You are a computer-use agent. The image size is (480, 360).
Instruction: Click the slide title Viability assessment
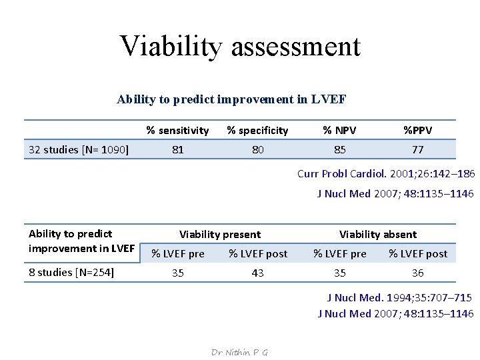click(x=240, y=46)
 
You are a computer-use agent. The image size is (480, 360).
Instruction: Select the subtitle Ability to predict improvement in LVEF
click(x=231, y=99)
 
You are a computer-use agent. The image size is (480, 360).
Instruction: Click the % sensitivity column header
click(x=177, y=131)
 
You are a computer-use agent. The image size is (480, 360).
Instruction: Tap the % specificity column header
click(x=257, y=131)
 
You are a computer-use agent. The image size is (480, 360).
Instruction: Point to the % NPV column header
click(x=340, y=131)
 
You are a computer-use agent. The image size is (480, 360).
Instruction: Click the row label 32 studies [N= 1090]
click(x=79, y=149)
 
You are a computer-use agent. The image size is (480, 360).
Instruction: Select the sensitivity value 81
click(x=177, y=150)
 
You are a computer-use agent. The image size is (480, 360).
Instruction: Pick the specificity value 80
click(x=257, y=150)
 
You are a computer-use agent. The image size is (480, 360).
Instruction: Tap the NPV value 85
click(x=340, y=150)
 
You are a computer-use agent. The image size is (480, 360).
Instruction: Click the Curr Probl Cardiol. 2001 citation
click(x=385, y=174)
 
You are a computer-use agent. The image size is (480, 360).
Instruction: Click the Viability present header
click(x=220, y=235)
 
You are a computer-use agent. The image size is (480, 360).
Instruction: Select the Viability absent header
click(x=378, y=235)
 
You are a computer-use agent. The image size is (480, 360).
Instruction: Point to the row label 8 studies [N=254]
click(x=71, y=272)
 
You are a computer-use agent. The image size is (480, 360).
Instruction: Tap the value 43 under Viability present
click(x=257, y=273)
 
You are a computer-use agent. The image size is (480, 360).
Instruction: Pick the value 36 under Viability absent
click(x=417, y=273)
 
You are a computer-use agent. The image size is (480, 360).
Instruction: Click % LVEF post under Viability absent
click(x=418, y=253)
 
